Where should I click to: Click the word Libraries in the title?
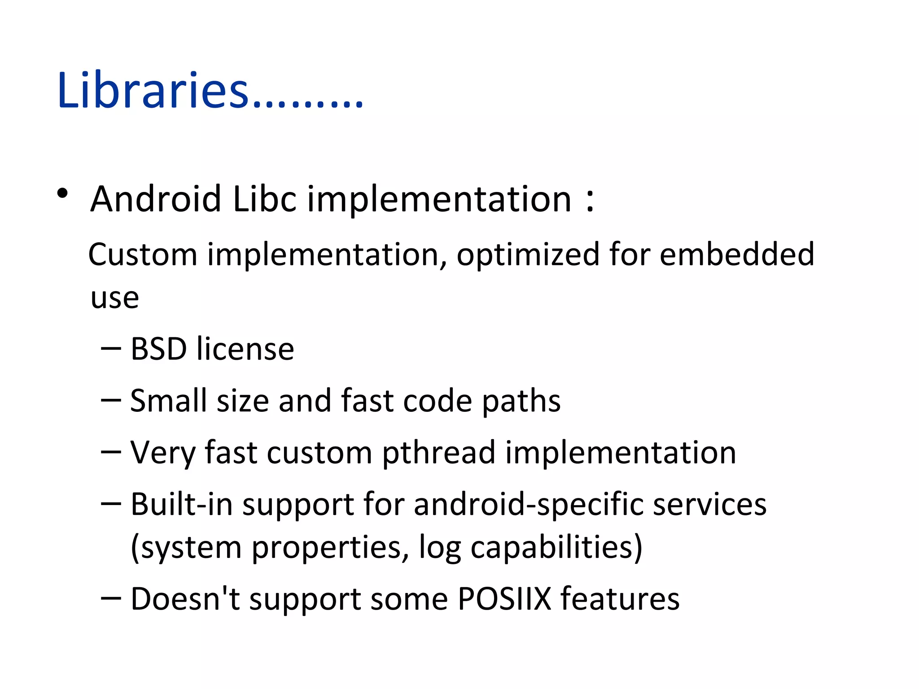(x=153, y=91)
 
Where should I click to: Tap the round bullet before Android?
(x=62, y=194)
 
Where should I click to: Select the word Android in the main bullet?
(x=156, y=199)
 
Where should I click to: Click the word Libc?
(x=264, y=199)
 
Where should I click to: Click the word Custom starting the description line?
(x=142, y=254)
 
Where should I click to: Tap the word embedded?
(x=737, y=254)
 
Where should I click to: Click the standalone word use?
(x=114, y=298)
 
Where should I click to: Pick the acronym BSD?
(x=158, y=349)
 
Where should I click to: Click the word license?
(x=245, y=349)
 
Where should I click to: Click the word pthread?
(x=438, y=453)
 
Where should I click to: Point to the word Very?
(x=162, y=453)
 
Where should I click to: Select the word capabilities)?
(x=556, y=548)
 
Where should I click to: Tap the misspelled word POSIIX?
(x=504, y=599)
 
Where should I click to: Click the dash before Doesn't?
(x=111, y=598)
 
